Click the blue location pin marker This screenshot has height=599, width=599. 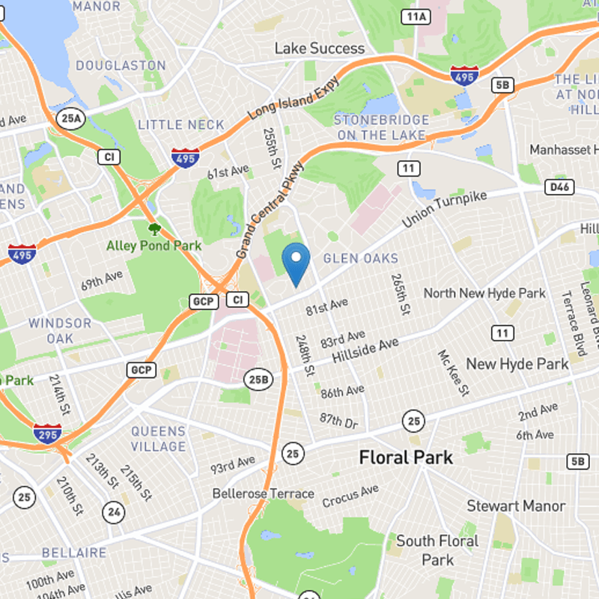[297, 262]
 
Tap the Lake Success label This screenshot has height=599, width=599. [319, 49]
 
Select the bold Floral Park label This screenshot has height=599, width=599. [406, 457]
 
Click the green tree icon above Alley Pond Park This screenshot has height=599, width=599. [154, 228]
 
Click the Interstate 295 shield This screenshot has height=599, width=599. [47, 434]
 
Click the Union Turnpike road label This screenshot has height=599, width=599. [444, 210]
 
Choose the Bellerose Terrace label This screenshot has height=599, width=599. [263, 493]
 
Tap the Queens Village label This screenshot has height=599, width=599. [159, 439]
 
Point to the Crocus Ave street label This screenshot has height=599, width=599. [350, 496]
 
